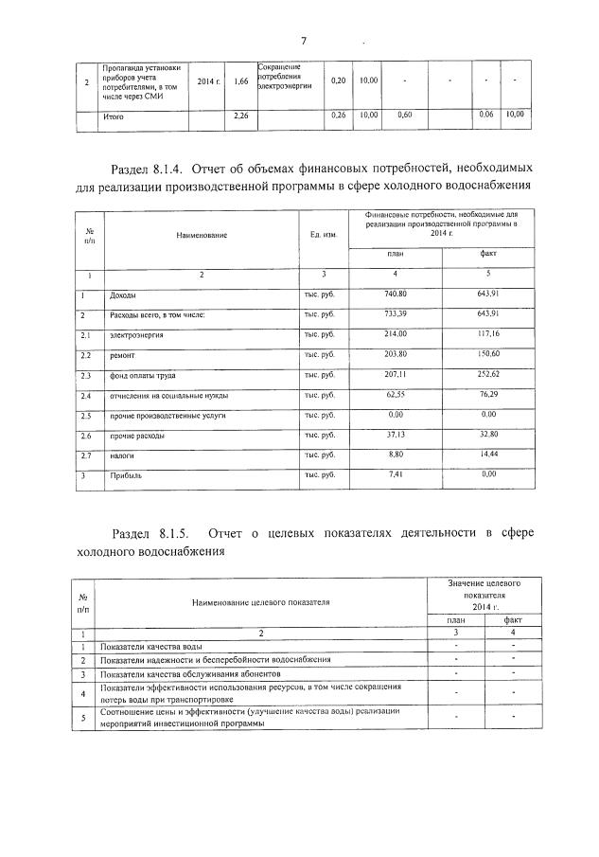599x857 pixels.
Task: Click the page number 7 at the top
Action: tap(304, 40)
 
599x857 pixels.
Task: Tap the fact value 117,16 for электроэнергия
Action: tap(488, 334)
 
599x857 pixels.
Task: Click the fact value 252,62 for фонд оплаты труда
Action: tap(488, 375)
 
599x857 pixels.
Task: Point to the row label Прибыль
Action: tap(126, 475)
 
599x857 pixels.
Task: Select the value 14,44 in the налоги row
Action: tap(488, 455)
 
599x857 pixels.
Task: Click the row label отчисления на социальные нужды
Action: tap(161, 395)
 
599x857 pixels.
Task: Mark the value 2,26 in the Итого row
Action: tap(240, 116)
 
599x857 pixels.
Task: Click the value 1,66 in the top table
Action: tap(240, 82)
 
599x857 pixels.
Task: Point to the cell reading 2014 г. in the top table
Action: tap(210, 82)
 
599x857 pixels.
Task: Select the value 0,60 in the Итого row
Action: tap(404, 116)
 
